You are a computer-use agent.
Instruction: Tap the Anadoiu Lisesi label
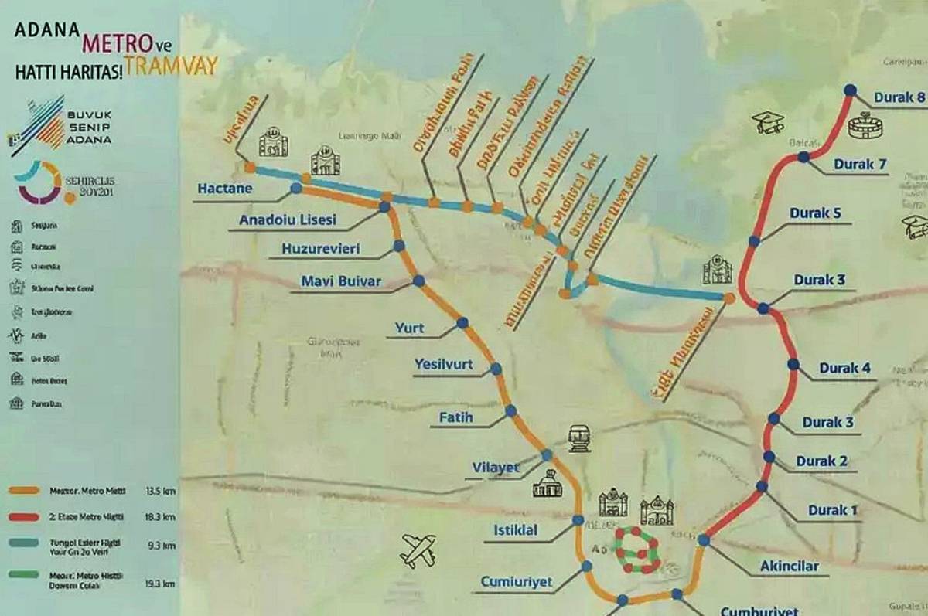point(288,220)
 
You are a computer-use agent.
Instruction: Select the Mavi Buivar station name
point(341,282)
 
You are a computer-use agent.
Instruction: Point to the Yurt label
point(409,328)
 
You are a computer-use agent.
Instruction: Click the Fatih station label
point(455,419)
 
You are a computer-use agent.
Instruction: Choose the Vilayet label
point(495,468)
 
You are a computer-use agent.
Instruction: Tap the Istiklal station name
point(515,530)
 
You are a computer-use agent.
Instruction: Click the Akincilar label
point(789,567)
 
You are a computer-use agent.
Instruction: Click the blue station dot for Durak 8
point(850,90)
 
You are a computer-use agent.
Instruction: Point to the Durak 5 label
point(814,213)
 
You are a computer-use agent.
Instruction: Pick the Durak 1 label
point(833,510)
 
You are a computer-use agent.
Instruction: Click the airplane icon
point(418,550)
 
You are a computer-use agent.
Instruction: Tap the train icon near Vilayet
point(579,438)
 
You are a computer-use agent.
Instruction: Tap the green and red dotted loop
point(637,550)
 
